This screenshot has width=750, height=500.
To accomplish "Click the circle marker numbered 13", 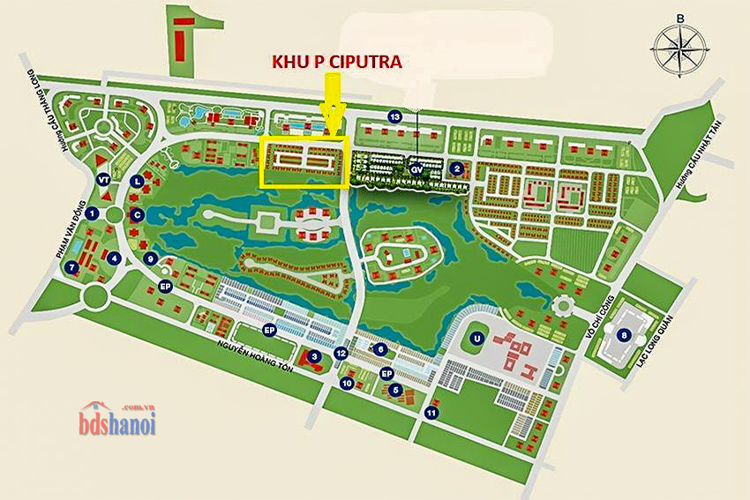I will tap(395, 116).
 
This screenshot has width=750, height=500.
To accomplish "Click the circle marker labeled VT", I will tap(104, 179).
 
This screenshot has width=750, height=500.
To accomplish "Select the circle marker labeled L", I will tap(137, 181).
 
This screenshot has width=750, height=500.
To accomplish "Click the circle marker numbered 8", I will tap(625, 334).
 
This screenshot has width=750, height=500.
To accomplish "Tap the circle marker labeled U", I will tap(476, 338).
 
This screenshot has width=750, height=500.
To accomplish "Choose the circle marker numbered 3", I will tap(314, 356).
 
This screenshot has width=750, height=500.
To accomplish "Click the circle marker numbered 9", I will tap(152, 258).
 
